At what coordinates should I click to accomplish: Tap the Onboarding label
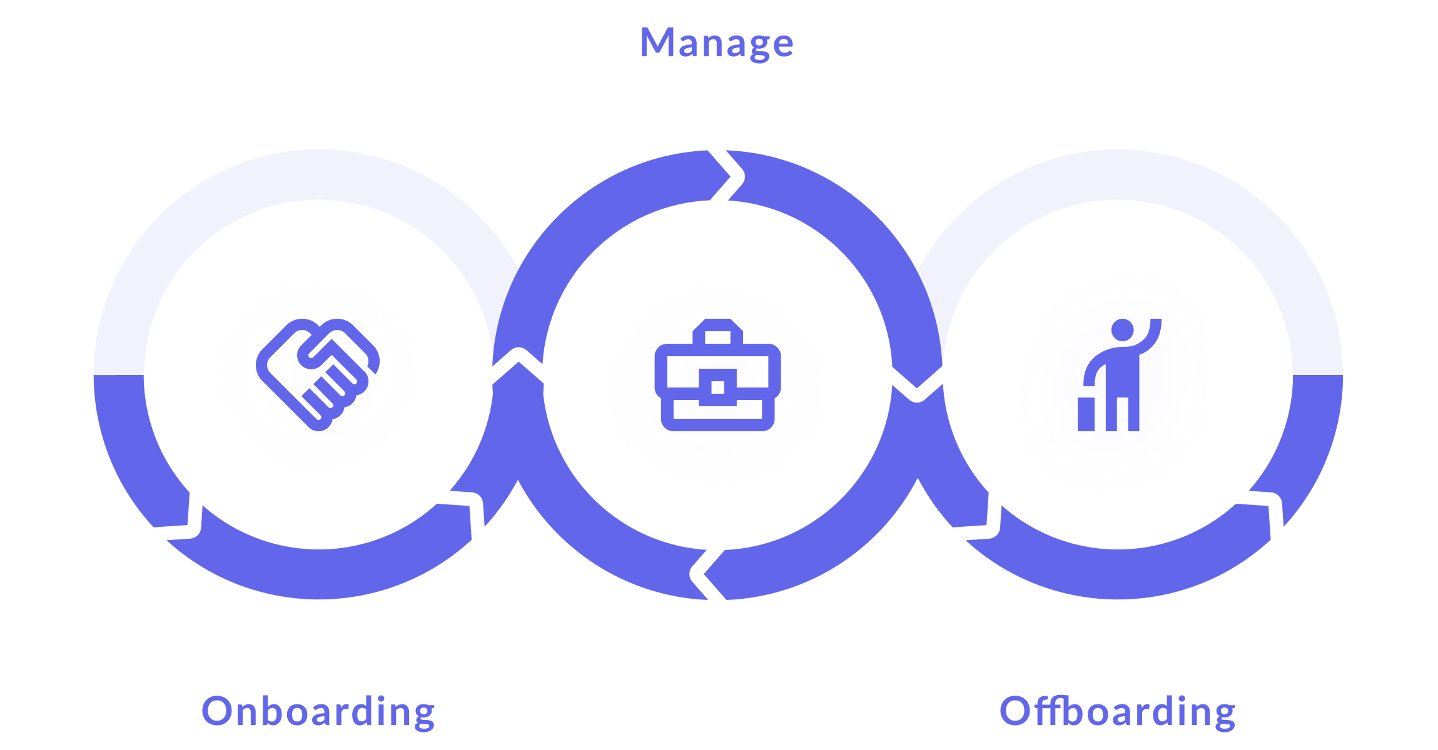coord(318,711)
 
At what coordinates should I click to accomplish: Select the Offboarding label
coord(1117,711)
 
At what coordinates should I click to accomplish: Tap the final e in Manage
coord(781,46)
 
